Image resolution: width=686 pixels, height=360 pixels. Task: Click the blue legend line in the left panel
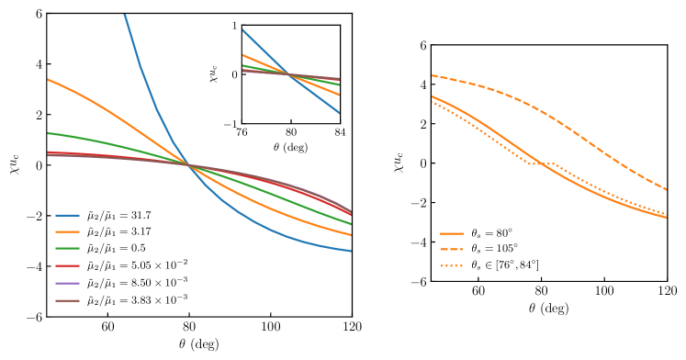(67, 215)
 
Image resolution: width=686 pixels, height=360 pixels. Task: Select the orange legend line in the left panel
(67, 231)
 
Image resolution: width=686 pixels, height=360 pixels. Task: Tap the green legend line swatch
(67, 248)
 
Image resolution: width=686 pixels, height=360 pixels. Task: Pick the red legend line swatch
(67, 265)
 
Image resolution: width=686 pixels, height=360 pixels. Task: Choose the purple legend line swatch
(67, 283)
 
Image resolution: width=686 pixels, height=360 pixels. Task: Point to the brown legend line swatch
(67, 300)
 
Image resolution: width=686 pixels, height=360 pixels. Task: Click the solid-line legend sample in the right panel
(451, 233)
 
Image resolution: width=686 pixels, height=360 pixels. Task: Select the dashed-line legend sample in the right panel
(451, 249)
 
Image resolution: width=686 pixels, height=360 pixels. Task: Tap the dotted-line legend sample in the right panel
(451, 265)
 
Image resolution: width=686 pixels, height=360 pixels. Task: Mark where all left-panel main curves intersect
(190, 165)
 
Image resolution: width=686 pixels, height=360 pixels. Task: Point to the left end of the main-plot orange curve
(49, 80)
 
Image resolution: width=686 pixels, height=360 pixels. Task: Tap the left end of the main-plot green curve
(49, 133)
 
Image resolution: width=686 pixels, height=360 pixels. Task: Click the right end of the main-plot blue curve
(351, 251)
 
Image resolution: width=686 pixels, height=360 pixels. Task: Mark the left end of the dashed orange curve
(433, 75)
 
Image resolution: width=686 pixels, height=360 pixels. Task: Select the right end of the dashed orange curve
(666, 189)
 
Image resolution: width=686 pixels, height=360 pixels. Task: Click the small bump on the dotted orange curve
(554, 164)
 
